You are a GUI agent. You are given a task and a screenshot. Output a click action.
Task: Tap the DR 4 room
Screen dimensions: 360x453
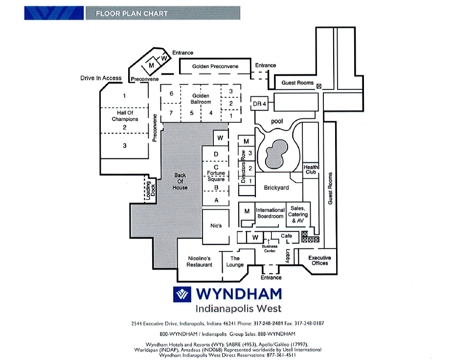[259, 104]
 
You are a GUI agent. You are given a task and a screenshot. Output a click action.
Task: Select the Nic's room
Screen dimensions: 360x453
[216, 226]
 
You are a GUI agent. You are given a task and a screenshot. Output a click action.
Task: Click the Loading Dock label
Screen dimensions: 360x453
[149, 190]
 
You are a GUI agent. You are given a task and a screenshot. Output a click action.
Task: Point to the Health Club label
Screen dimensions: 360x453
[311, 169]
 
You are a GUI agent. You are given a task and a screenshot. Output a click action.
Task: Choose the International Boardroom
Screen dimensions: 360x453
[270, 213]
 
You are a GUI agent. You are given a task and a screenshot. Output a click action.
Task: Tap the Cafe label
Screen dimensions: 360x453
[286, 236]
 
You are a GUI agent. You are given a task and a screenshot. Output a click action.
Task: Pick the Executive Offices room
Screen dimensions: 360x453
[320, 260]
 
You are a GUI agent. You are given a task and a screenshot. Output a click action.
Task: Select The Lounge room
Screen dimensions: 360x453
[235, 262]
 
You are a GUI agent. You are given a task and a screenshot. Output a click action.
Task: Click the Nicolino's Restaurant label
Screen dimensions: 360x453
[200, 261]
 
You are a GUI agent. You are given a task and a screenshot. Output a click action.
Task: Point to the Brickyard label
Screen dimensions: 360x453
[276, 188]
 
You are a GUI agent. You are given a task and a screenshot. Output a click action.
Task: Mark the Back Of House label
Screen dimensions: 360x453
[180, 181]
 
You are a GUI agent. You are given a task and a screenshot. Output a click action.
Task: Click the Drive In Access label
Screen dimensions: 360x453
[101, 78]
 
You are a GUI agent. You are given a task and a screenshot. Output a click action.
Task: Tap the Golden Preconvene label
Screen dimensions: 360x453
[215, 66]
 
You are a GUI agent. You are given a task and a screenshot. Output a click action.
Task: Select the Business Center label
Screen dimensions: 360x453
[270, 248]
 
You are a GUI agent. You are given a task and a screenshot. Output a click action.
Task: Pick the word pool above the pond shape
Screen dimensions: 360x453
[277, 121]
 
